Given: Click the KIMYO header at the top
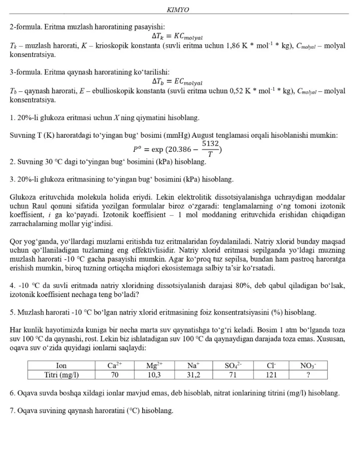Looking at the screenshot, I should pos(178,10).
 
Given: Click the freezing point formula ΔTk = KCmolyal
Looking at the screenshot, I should pos(177,36).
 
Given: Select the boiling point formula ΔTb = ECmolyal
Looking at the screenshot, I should pos(177,81).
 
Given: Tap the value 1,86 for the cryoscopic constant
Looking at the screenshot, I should pos(233,46).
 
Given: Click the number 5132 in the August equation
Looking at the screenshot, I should pos(210,144).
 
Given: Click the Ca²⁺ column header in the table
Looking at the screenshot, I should pos(114,365).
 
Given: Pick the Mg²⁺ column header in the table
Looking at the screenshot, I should pos(154,365).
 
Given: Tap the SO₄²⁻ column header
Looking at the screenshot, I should pos(233,365).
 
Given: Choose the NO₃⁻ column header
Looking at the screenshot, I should pos(308,365).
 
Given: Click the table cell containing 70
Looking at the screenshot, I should pos(114,375).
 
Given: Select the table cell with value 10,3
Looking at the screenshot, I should pos(154,375).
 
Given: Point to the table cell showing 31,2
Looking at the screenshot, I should pos(193,375).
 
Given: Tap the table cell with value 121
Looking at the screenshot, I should pos(271,375).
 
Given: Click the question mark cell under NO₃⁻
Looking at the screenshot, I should pos(308,375).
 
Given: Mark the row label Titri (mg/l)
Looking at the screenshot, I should pos(61,375).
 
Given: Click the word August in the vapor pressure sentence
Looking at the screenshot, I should pos(203,135).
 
